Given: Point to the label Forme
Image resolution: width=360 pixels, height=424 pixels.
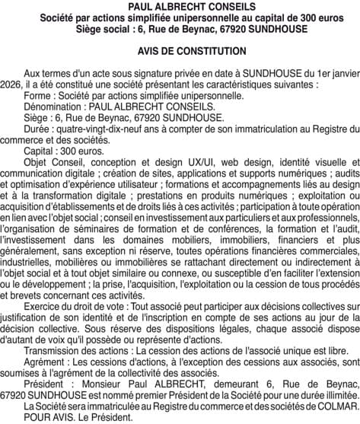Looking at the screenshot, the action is (37, 97).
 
